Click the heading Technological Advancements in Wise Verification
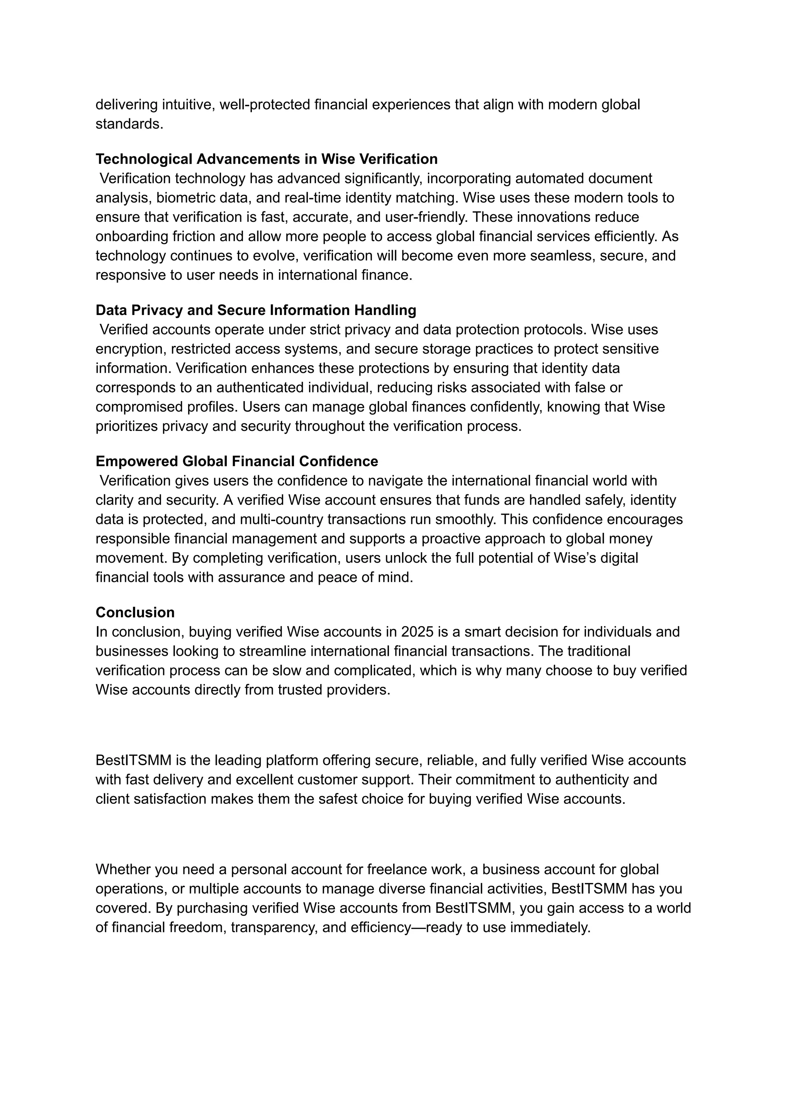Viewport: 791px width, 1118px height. [x=266, y=159]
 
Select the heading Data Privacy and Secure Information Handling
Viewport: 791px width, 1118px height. [x=256, y=310]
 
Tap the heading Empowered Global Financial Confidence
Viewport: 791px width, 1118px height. [x=237, y=461]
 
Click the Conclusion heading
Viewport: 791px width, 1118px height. [x=135, y=612]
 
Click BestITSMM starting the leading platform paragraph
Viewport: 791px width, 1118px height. [x=134, y=760]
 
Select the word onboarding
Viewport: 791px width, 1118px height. [x=131, y=237]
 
